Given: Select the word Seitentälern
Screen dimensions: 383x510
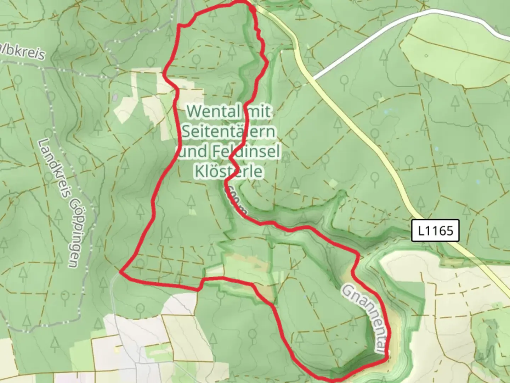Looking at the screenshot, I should (x=229, y=132).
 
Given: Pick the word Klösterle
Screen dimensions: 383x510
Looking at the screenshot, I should (x=229, y=171).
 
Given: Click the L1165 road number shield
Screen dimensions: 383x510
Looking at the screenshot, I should (x=435, y=231).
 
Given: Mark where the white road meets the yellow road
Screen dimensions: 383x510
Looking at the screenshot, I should (x=312, y=79).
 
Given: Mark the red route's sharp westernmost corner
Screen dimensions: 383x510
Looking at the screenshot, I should (x=121, y=272).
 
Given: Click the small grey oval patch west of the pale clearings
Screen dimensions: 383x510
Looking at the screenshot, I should (x=115, y=96).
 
